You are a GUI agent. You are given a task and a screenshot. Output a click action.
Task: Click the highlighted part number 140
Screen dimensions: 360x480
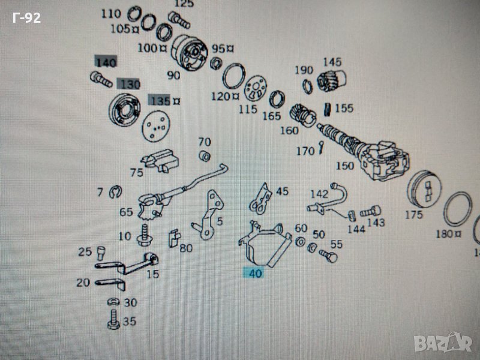tap(106, 62)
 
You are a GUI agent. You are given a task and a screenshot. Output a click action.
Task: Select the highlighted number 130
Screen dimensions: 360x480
tap(128, 84)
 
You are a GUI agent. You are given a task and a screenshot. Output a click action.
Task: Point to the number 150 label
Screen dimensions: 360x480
tap(345, 165)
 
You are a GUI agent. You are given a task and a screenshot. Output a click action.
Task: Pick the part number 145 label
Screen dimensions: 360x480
tap(332, 62)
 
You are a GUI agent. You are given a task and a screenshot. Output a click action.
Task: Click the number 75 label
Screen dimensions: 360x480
tap(136, 173)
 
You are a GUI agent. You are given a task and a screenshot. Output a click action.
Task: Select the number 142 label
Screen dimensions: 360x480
tap(319, 193)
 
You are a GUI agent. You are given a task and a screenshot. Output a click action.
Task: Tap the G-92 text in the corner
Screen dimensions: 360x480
tap(26, 18)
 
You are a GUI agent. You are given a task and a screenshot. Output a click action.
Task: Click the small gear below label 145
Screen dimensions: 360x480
tap(329, 80)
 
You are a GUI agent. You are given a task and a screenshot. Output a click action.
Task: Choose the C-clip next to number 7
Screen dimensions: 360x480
tap(116, 193)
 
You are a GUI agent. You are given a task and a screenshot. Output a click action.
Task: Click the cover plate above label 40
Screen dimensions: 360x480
tap(261, 245)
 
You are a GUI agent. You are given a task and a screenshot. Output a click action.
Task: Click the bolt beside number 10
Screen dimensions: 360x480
tap(144, 235)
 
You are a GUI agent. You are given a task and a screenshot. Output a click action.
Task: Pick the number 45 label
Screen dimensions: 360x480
tap(282, 191)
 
